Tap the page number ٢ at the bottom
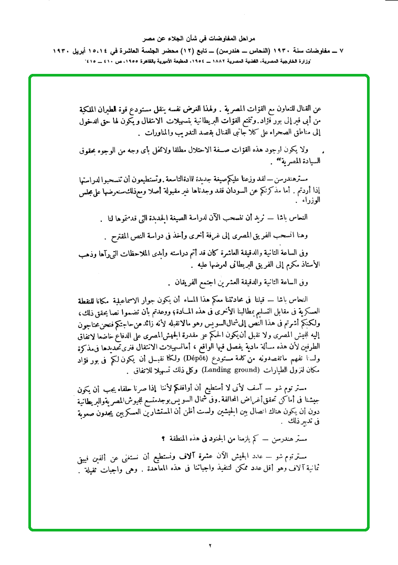click(209, 546)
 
